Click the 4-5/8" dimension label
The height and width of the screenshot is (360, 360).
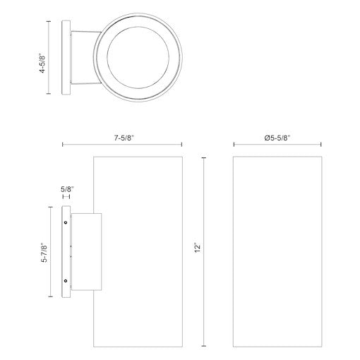point(42,58)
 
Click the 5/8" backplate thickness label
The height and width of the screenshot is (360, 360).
point(67,190)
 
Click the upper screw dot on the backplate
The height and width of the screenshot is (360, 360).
point(66,222)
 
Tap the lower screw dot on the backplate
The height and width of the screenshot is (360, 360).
point(66,281)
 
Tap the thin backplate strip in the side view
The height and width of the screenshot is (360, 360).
point(66,251)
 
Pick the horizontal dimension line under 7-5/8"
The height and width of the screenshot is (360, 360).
point(123,146)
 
